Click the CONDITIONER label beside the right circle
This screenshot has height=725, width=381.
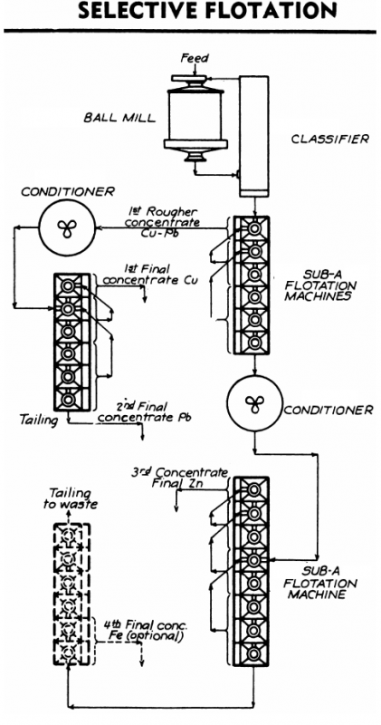coord(328,407)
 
